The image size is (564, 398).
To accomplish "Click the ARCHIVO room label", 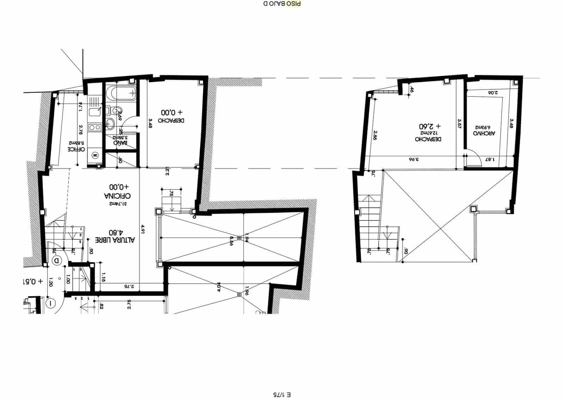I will [484, 133].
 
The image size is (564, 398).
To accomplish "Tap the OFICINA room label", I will [117, 195].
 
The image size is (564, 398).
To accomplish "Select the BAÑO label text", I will [120, 143].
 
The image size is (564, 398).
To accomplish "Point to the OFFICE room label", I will [76, 149].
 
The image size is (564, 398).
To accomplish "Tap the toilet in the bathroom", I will [116, 111].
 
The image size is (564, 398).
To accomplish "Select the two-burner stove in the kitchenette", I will [94, 127].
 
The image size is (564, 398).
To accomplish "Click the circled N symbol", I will [95, 155].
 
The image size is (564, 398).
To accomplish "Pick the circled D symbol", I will [56, 261].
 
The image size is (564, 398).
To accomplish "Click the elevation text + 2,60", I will [430, 126].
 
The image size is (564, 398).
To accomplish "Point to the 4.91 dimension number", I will [143, 229].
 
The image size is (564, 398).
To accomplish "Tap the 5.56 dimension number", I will [231, 241].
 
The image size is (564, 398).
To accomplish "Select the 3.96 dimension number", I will [413, 159].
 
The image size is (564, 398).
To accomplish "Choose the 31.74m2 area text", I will [118, 204].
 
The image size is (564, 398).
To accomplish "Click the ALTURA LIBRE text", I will [115, 240].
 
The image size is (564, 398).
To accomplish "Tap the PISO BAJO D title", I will [282, 4].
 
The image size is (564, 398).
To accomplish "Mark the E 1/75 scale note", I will [282, 394].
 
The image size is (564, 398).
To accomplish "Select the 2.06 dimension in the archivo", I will [492, 93].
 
